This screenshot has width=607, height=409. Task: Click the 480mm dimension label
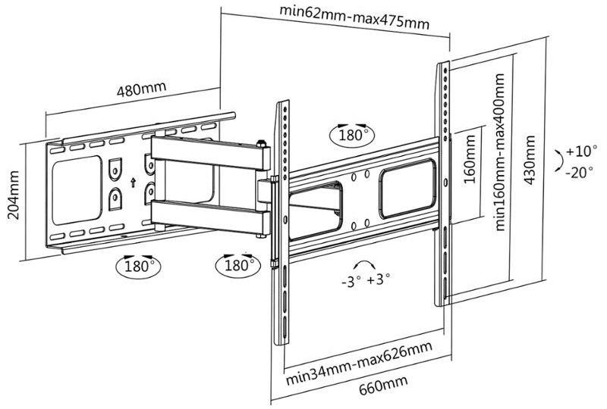click(141, 89)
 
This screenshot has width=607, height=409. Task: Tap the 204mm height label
click(14, 195)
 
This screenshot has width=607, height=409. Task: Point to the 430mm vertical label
click(529, 160)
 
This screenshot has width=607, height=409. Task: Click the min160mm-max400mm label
click(500, 152)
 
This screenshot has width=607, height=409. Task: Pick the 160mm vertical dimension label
click(469, 159)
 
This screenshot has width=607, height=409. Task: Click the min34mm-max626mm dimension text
click(359, 364)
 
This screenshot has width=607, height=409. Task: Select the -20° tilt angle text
click(580, 172)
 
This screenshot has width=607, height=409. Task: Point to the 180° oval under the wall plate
click(139, 266)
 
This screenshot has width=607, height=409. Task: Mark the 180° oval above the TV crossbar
click(351, 136)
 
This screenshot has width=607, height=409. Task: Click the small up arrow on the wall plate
click(133, 182)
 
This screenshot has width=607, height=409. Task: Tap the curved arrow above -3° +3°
click(365, 263)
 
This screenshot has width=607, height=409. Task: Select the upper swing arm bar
click(211, 153)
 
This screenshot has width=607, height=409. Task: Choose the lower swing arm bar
click(211, 217)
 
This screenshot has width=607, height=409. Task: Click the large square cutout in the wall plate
click(77, 190)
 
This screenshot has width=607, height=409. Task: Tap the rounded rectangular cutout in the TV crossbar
click(408, 189)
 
